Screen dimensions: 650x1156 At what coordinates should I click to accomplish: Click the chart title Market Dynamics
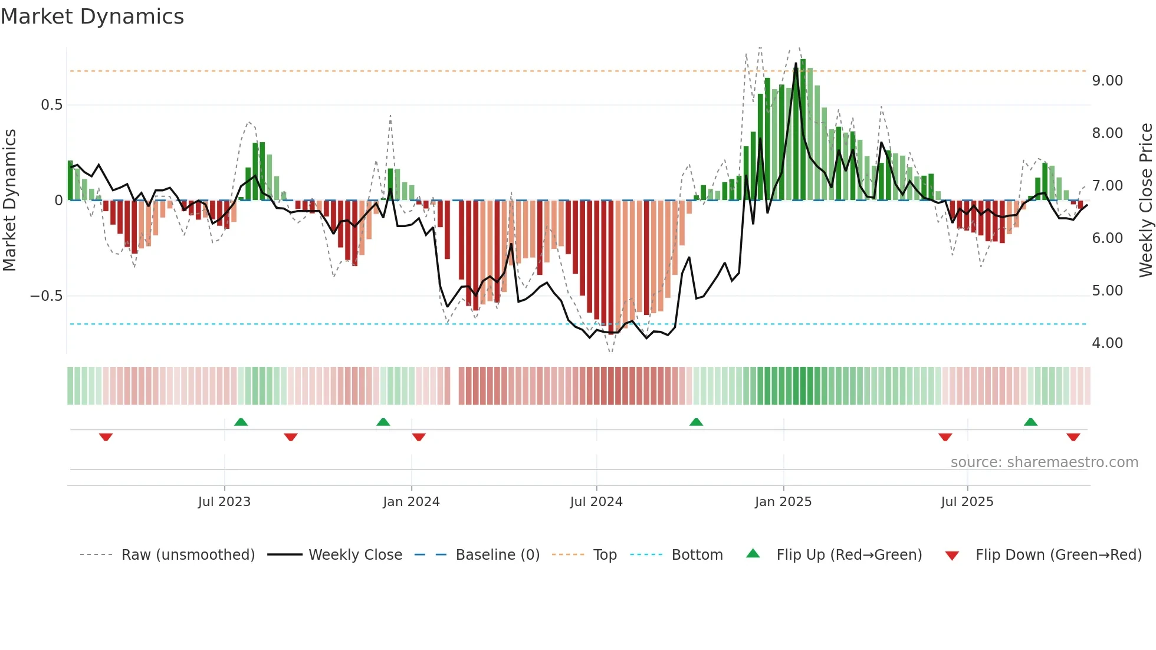(93, 17)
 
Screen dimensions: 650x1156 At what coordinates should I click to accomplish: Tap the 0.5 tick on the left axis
(51, 105)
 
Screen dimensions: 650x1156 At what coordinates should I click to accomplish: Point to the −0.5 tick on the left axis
(47, 296)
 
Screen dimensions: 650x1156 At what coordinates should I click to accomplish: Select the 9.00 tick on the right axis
(1107, 80)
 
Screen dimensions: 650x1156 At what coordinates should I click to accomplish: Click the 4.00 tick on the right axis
(1107, 343)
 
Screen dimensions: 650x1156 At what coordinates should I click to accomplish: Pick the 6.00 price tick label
(1107, 238)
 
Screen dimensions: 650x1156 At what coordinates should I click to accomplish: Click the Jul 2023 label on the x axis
(224, 502)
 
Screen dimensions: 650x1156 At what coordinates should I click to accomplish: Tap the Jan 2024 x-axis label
(411, 502)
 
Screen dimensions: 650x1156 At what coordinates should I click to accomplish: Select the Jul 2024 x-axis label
(596, 502)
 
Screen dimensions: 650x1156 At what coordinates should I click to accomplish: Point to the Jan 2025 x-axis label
(783, 502)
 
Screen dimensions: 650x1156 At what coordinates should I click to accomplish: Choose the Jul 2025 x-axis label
(967, 502)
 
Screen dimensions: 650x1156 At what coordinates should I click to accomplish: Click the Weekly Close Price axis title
(1145, 201)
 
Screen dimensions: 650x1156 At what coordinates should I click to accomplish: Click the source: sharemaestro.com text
(1044, 462)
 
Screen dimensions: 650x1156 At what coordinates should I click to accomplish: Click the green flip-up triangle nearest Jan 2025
(696, 422)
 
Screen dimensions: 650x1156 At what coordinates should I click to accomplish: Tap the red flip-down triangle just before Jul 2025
(945, 437)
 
